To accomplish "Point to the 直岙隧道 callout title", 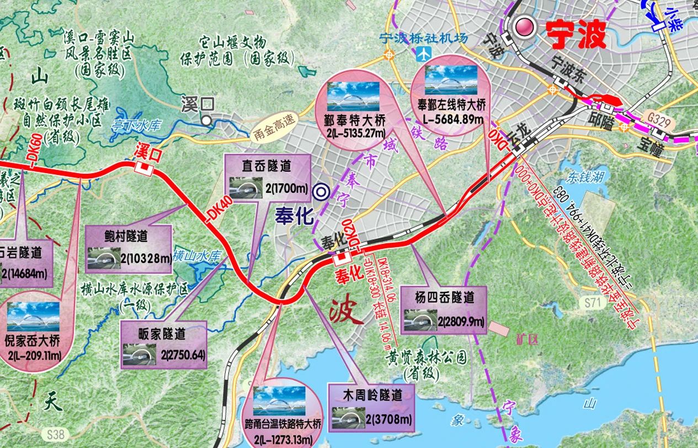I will [267, 165].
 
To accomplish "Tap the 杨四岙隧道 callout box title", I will [445, 297].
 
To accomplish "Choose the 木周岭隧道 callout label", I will [372, 394].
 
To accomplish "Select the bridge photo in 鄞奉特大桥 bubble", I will [353, 96].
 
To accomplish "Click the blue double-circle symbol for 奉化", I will [320, 192].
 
